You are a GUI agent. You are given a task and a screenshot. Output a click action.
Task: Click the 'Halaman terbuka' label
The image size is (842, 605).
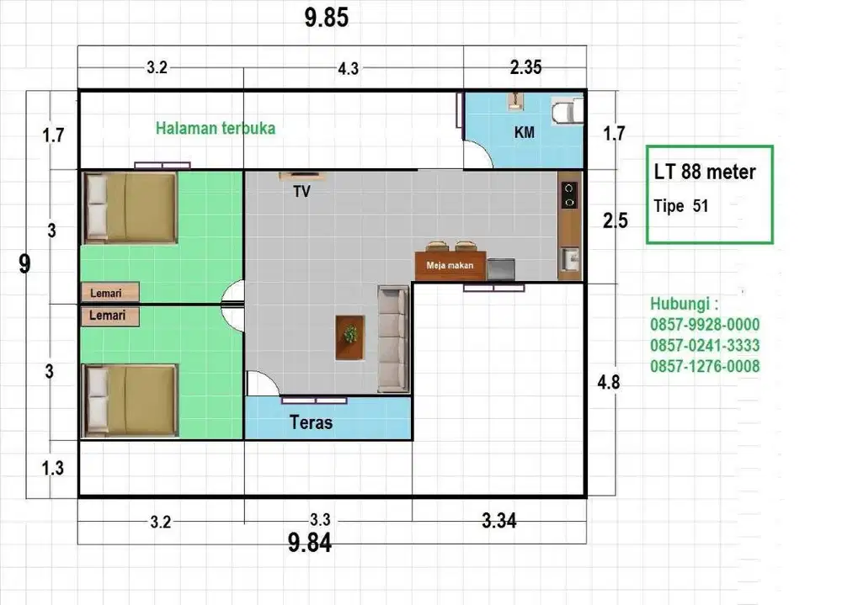216,128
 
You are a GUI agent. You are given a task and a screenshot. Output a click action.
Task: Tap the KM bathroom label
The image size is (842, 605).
524,132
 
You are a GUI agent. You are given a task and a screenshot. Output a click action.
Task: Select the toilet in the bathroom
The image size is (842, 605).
567,111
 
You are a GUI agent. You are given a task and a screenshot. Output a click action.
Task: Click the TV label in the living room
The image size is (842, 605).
301,192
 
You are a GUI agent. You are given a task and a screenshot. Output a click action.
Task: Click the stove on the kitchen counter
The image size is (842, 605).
569,195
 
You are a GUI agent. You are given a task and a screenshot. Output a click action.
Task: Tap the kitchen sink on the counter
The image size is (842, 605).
570,259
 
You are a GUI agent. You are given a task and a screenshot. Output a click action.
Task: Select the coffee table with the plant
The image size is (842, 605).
350,337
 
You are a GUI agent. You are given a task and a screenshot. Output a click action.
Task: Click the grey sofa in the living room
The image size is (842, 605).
393,339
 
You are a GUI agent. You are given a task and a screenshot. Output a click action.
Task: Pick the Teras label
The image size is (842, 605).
311,422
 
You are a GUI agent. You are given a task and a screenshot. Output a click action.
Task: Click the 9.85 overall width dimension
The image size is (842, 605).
327,18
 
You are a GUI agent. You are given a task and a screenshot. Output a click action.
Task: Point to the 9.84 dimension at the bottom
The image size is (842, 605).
310,543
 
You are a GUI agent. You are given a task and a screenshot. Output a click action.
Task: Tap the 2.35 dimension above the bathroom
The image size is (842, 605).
525,67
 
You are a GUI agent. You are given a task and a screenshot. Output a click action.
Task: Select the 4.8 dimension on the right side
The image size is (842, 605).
609,382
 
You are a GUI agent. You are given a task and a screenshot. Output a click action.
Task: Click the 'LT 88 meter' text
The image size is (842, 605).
705,172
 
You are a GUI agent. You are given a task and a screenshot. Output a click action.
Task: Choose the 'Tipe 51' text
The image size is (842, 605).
681,206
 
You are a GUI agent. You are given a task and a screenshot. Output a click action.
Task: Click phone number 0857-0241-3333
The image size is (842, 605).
705,345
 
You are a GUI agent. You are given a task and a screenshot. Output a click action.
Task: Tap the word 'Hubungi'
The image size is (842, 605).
679,304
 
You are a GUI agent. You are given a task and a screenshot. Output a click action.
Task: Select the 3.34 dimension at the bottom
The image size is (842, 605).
498,521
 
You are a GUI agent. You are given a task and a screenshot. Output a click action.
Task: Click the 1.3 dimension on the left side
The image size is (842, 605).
52,468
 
